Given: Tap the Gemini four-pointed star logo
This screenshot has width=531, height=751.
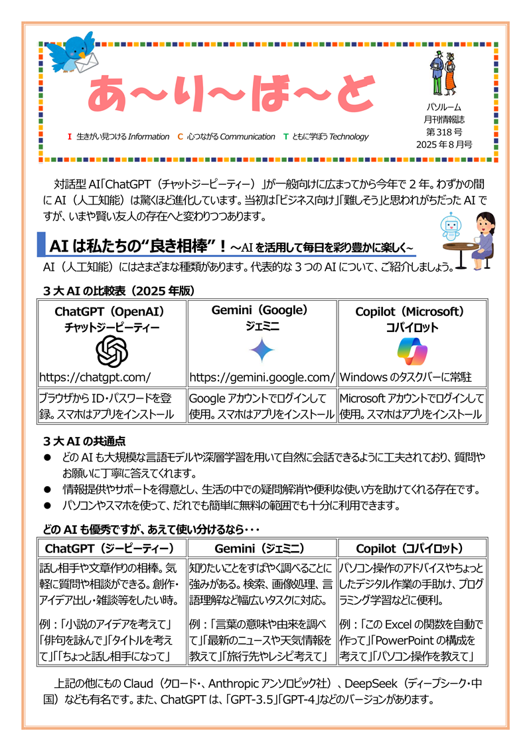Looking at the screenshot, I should pos(262,351).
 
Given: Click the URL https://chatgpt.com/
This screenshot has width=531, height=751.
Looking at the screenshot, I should pos(96,377).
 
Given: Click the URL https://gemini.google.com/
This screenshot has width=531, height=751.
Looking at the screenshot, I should pos(262,377).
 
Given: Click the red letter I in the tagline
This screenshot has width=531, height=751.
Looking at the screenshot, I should pos(70,137).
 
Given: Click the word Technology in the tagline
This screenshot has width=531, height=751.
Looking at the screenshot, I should pos(348,137).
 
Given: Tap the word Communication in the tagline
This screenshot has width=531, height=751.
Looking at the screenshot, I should pos(247,137).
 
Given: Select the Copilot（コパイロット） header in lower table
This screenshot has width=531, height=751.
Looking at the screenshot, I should pos(412,548).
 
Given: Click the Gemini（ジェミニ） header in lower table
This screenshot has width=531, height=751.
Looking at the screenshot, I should pos(262,548).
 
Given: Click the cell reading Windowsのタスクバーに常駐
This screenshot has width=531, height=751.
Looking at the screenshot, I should pos(406,377).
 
